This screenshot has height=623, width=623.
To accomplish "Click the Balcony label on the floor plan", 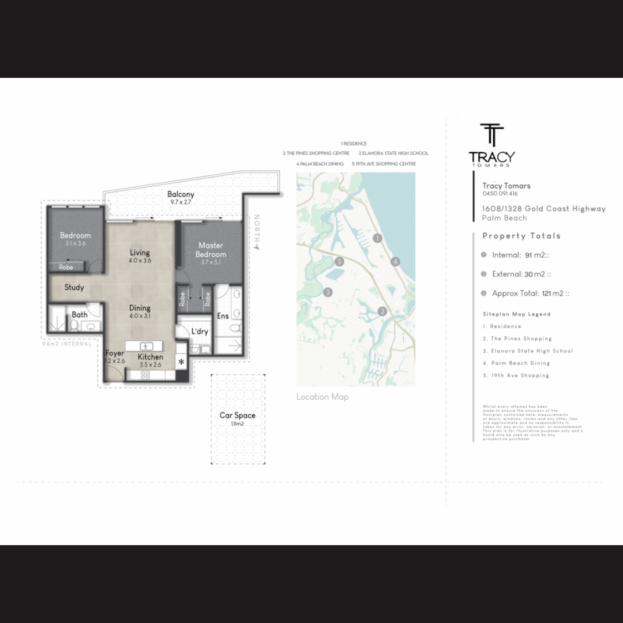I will (x=181, y=195).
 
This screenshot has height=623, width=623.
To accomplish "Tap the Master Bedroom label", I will (x=211, y=250).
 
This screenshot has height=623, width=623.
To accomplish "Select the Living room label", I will (x=140, y=253).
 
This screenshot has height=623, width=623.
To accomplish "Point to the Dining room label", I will (x=140, y=308).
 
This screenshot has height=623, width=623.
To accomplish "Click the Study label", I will (x=74, y=287).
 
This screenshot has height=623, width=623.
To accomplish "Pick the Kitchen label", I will (x=150, y=357).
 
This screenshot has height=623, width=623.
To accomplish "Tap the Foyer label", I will (x=115, y=354).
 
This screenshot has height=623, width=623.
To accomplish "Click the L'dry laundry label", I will (x=200, y=331).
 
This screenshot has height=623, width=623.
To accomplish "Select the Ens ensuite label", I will (x=223, y=316).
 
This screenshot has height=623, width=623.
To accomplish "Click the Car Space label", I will (x=237, y=415).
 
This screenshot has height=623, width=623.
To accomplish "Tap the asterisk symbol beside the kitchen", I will (x=181, y=362).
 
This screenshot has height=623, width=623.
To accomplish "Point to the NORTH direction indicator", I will (x=257, y=231).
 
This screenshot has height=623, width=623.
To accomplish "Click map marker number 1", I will (x=377, y=238).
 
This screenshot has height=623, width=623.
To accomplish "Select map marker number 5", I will (x=339, y=262).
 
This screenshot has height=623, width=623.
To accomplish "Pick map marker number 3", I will (x=328, y=292).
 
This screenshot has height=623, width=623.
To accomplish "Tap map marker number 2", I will (x=382, y=312).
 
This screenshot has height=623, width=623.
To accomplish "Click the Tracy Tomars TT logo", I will (x=492, y=136).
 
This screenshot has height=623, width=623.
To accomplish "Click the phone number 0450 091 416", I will (x=500, y=194).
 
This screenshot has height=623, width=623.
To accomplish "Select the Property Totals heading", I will (x=521, y=236).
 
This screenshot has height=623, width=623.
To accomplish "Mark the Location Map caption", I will (x=322, y=397).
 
